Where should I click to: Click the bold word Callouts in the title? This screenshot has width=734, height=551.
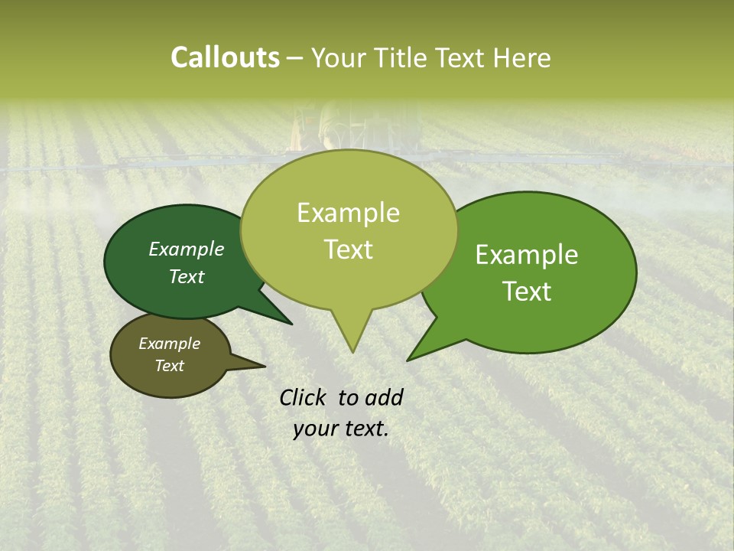click(225, 57)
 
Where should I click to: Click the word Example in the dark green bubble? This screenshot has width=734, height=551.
click(187, 249)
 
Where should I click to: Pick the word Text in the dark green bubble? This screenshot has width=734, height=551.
click(187, 276)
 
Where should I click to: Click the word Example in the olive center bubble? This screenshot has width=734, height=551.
click(348, 213)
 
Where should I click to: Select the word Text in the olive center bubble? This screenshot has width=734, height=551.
click(348, 249)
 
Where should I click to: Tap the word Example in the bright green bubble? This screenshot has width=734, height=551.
click(527, 255)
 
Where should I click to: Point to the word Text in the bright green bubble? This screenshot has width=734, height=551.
click(527, 292)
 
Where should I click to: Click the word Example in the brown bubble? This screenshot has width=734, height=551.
click(170, 344)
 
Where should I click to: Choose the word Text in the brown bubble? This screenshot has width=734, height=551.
click(170, 366)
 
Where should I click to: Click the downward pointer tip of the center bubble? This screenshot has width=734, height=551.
click(352, 351)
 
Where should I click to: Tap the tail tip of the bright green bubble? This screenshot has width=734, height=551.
click(408, 360)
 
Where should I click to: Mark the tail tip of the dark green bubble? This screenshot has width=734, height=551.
click(291, 324)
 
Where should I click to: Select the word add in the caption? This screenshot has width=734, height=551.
click(383, 397)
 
